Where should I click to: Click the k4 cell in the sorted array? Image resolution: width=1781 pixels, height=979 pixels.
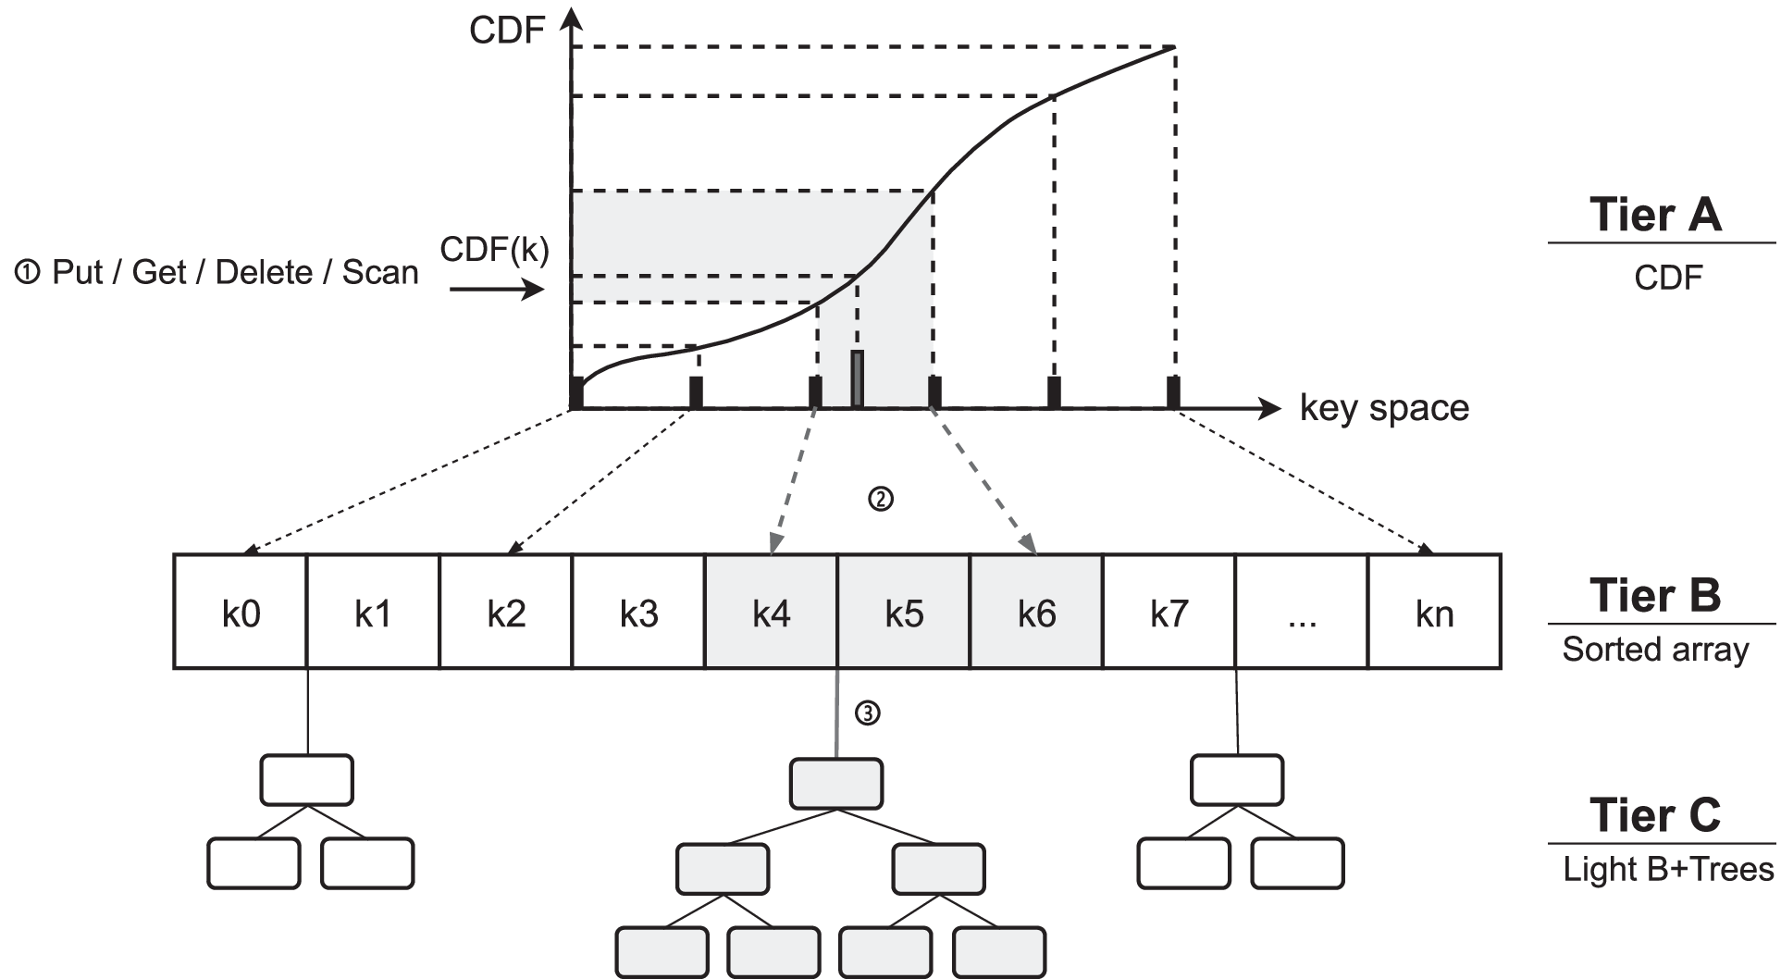(x=771, y=612)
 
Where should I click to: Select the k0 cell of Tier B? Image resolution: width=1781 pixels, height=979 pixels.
(x=241, y=612)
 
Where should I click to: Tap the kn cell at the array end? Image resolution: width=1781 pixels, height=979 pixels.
(x=1433, y=612)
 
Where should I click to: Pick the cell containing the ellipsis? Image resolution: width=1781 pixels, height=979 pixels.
(x=1301, y=612)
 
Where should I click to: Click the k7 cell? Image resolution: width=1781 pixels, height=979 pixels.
(x=1169, y=612)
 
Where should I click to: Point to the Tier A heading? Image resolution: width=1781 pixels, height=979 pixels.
(x=1655, y=215)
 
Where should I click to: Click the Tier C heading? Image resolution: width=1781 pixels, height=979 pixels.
(x=1655, y=815)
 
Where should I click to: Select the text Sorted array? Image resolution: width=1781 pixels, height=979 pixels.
(x=1655, y=650)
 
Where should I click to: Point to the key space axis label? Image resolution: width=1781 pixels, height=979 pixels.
(x=1384, y=408)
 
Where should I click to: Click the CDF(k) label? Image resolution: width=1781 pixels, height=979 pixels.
(x=494, y=250)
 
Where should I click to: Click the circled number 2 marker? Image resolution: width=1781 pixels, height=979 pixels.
(x=880, y=500)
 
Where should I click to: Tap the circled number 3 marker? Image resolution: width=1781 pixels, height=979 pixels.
(x=867, y=713)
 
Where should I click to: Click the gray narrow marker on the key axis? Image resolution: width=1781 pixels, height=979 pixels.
(x=858, y=378)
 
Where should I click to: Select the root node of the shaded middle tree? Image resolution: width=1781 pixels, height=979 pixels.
(x=835, y=784)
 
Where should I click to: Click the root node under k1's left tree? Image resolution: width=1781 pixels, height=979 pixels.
(x=306, y=780)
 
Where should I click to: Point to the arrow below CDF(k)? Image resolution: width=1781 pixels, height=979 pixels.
(x=496, y=291)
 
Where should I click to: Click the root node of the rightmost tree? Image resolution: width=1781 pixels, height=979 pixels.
(x=1236, y=780)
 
